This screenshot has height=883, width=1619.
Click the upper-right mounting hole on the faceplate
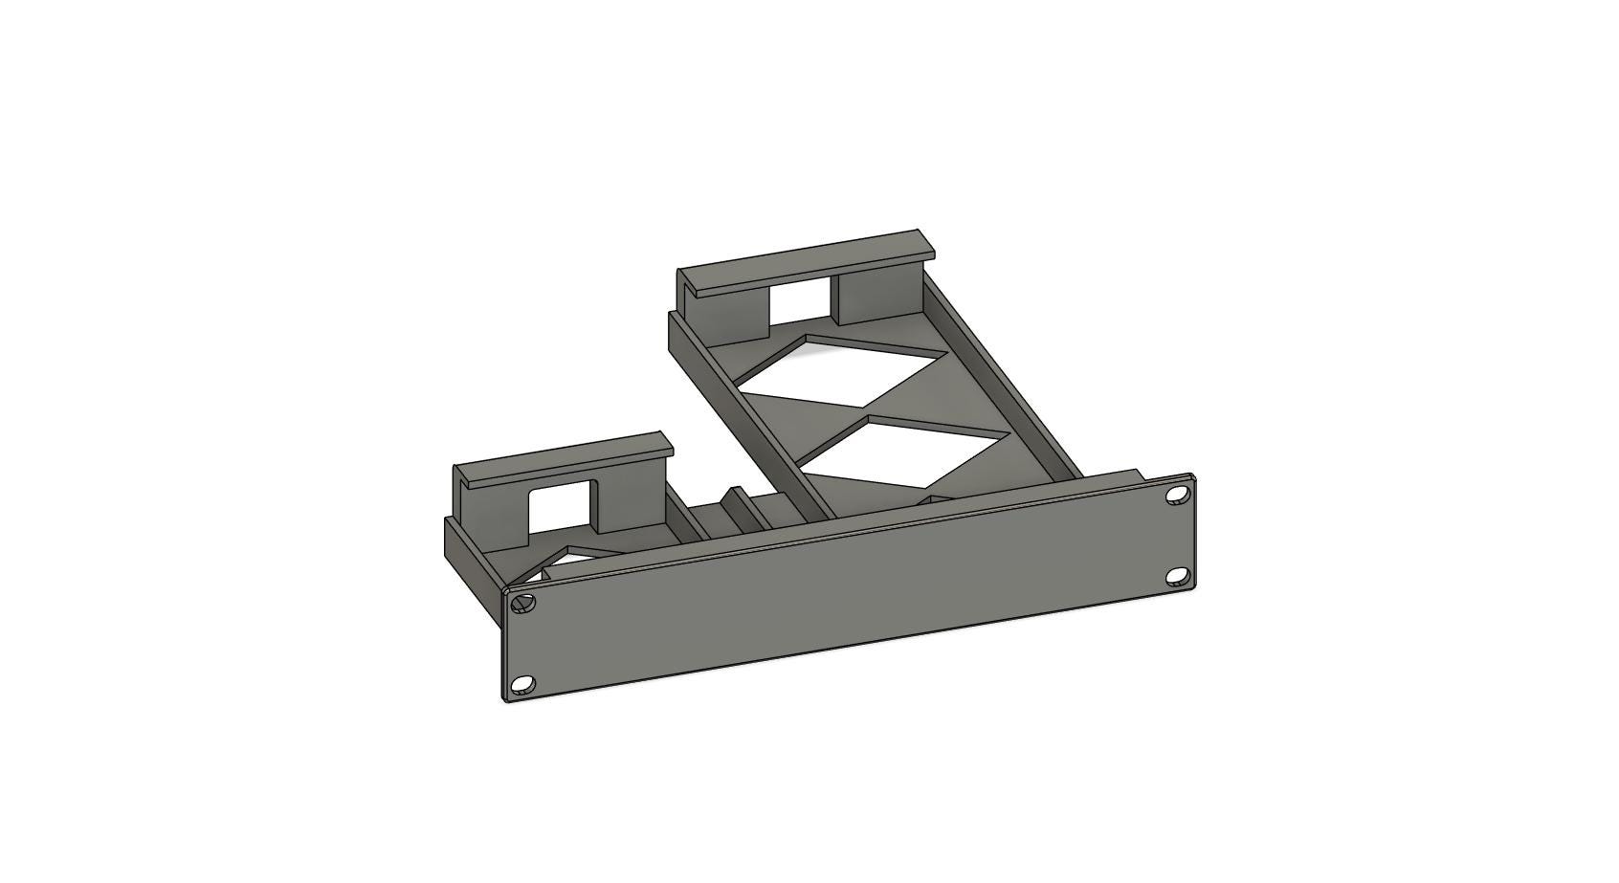[1176, 495]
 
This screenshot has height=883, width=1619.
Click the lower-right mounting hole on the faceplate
[1178, 577]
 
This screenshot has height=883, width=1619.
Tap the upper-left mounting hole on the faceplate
[521, 603]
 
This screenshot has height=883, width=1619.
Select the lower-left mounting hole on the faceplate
[522, 684]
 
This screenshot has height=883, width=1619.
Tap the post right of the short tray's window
[632, 502]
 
